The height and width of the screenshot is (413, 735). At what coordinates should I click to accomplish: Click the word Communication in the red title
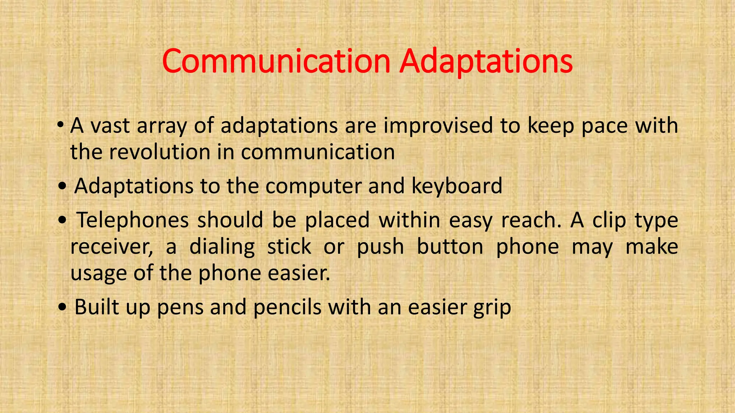276,62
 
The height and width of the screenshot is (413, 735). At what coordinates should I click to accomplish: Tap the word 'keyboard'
457,186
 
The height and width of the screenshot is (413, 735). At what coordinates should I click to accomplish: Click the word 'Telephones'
133,220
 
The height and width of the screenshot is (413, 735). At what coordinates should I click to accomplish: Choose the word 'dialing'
222,247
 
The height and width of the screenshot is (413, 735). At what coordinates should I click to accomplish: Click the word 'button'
450,247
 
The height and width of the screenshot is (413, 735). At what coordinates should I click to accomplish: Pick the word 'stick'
289,247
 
